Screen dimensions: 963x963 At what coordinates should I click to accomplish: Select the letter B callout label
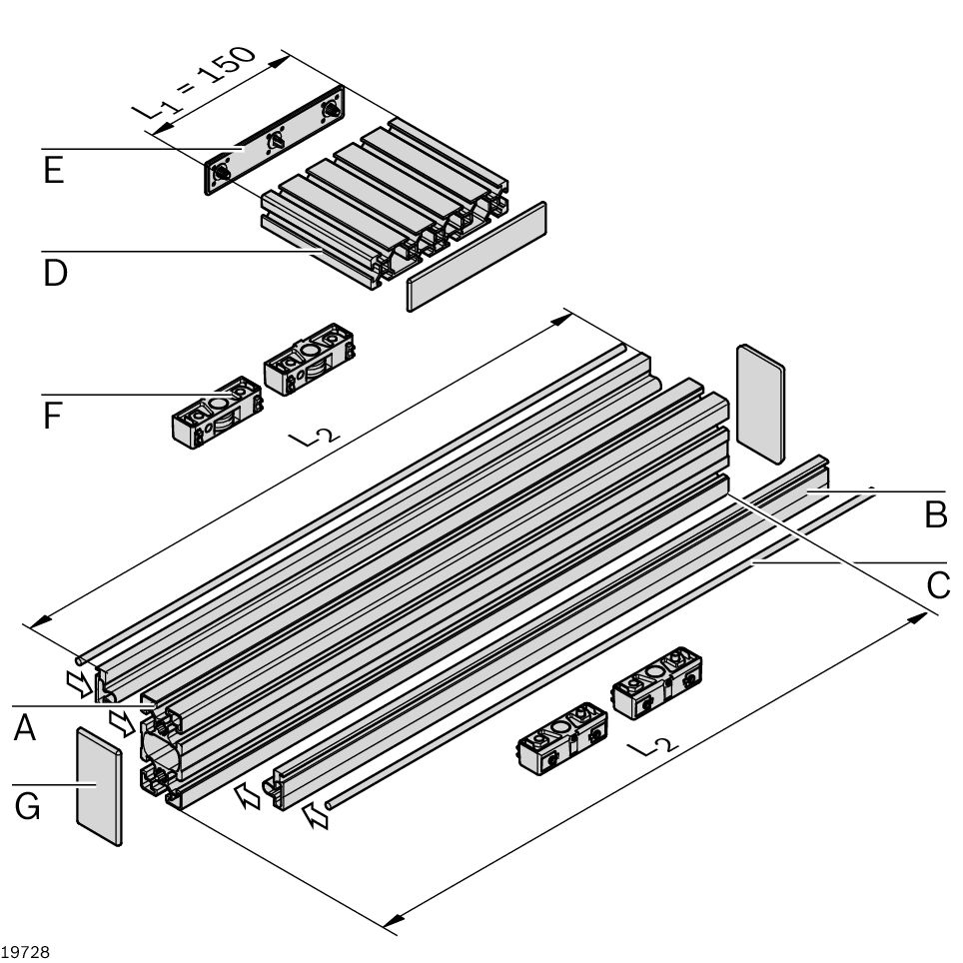click(x=935, y=514)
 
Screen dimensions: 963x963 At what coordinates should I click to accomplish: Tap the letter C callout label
click(x=938, y=585)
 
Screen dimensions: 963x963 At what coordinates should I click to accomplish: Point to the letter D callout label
click(x=55, y=273)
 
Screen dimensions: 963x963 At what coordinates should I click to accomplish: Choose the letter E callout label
click(x=54, y=171)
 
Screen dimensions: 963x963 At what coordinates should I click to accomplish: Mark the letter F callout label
click(x=53, y=416)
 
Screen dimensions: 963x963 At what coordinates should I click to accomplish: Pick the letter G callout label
click(x=28, y=805)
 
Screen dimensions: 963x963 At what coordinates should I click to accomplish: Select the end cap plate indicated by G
click(x=99, y=787)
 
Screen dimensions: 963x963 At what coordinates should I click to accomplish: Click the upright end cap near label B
click(x=760, y=403)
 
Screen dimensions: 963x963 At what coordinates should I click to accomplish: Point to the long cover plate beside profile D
click(x=478, y=256)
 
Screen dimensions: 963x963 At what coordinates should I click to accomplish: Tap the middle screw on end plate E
click(x=275, y=142)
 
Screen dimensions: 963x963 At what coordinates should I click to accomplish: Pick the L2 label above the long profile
click(x=314, y=437)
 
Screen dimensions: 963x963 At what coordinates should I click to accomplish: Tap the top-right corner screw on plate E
click(x=331, y=109)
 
